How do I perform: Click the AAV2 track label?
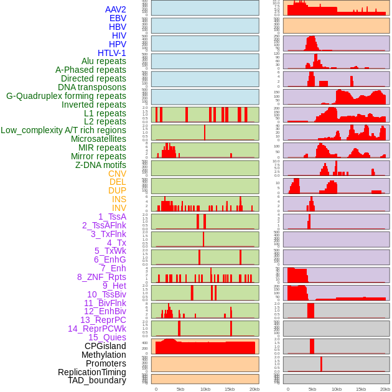click(x=116, y=9)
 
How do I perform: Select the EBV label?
click(x=118, y=18)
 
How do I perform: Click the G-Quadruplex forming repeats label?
click(x=66, y=96)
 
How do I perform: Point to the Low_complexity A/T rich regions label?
click(x=63, y=130)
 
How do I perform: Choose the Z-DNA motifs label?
click(x=101, y=165)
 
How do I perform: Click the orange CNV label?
click(x=117, y=174)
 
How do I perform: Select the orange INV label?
click(x=119, y=208)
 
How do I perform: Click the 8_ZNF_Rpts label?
click(x=101, y=277)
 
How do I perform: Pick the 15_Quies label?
click(x=107, y=337)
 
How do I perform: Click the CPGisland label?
click(x=105, y=346)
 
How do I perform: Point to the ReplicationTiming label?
click(x=91, y=372)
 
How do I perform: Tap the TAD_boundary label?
click(x=96, y=380)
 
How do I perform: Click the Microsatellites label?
click(x=98, y=139)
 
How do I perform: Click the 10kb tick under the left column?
click(x=205, y=389)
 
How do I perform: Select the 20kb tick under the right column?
click(x=385, y=389)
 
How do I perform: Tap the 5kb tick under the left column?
click(x=180, y=389)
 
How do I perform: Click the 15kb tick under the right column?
click(x=361, y=389)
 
